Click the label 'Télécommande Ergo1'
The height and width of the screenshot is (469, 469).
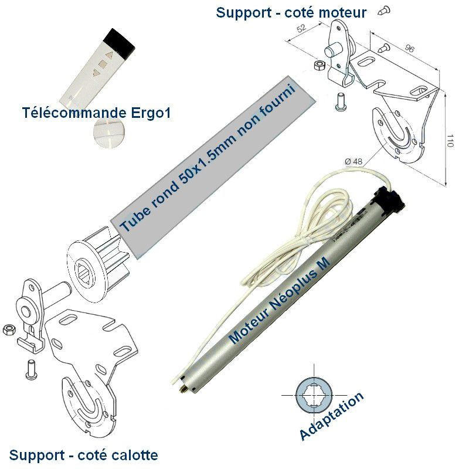[x=96, y=113]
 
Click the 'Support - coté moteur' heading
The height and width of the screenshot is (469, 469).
[x=291, y=12]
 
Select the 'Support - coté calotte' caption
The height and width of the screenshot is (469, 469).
[x=83, y=455]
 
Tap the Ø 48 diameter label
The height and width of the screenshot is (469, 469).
[x=354, y=160]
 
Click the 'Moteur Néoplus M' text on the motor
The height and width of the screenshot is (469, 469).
[x=280, y=303]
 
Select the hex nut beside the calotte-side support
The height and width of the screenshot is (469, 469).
[x=9, y=329]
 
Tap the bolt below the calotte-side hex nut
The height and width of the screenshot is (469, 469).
[x=30, y=368]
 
